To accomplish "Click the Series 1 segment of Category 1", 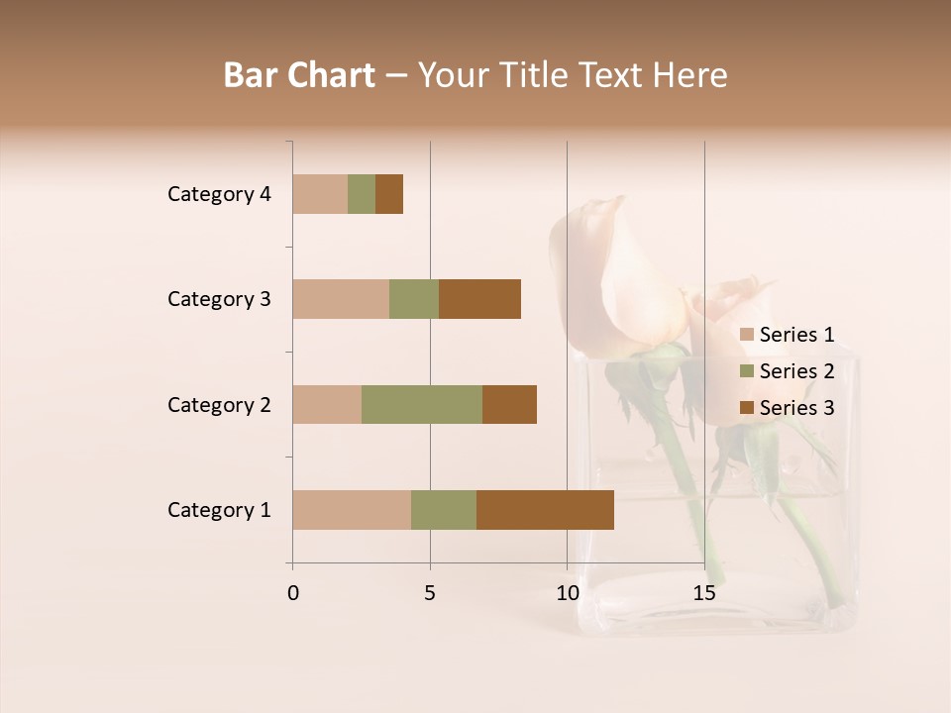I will (352, 510).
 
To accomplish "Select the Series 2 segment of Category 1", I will (444, 510).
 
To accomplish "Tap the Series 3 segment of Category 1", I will (545, 510).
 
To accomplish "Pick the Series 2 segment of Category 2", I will (422, 404).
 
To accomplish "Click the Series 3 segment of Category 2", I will (509, 404).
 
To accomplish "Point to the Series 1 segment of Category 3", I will (341, 299).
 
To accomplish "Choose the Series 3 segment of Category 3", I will (479, 299).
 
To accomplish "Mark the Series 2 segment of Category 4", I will (362, 194).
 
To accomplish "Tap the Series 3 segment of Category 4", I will (389, 194).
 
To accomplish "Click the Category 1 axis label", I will (219, 510).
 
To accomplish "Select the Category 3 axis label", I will (219, 299).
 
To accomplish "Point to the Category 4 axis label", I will (219, 194).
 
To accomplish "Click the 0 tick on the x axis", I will (293, 593).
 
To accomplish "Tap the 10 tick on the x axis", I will (567, 593).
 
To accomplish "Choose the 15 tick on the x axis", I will (704, 593).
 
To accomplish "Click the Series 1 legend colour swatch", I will (746, 335).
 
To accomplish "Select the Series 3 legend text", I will (796, 408).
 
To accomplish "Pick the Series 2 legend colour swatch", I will (746, 371).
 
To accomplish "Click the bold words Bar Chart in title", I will (299, 75).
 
